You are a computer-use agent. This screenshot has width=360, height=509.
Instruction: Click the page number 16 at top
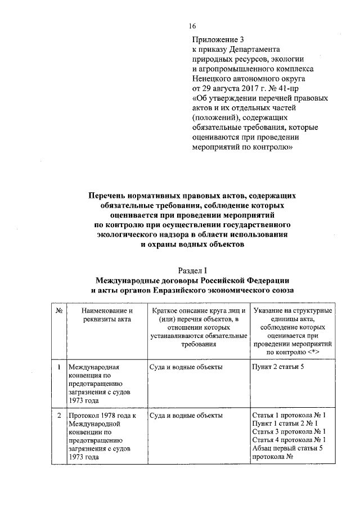coord(192,26)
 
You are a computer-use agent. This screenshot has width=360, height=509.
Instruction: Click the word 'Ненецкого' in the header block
coord(211,78)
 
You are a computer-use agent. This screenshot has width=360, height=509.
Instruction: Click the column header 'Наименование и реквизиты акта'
coord(106,316)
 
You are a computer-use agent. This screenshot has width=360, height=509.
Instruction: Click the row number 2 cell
coord(58,415)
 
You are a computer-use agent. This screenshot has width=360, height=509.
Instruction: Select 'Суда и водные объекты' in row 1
coord(186,367)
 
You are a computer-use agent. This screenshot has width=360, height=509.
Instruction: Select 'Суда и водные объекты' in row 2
coord(186,415)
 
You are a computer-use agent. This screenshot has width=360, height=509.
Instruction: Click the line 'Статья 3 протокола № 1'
coord(290,431)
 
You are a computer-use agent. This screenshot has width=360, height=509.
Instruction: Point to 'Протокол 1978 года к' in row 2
coord(103,415)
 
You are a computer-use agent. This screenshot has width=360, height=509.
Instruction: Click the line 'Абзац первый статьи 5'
coord(287,448)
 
